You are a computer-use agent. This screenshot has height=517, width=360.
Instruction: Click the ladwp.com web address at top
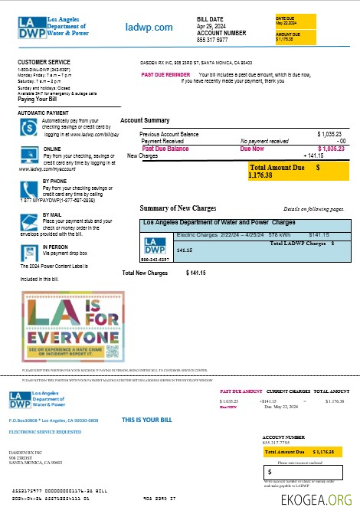coord(149,28)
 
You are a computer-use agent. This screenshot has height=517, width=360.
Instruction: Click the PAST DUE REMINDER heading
coord(165,74)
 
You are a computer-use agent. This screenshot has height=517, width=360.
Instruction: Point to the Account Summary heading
coord(145,121)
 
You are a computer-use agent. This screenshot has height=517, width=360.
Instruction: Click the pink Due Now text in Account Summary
coord(252,149)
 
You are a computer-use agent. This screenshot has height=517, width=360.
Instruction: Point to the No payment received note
coord(264,141)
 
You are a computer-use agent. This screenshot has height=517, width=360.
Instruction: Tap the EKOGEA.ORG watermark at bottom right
coord(316,500)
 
